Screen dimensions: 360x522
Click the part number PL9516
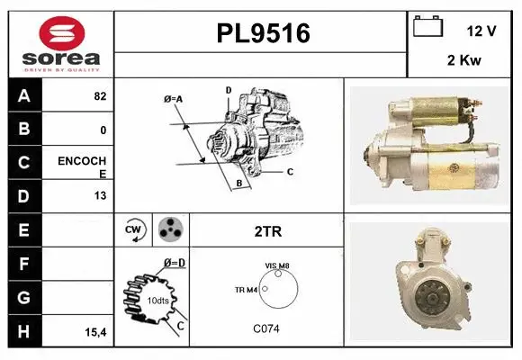click(262, 34)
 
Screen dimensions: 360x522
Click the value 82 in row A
click(100, 96)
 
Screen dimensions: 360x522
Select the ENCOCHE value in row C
click(83, 167)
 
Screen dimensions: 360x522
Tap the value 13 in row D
click(100, 195)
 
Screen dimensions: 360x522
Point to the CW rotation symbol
click(134, 230)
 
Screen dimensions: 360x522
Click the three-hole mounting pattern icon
click(169, 230)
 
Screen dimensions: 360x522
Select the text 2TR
click(267, 231)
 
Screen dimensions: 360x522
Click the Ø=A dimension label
click(173, 98)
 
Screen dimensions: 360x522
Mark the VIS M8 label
click(277, 266)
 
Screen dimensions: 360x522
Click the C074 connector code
click(266, 328)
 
